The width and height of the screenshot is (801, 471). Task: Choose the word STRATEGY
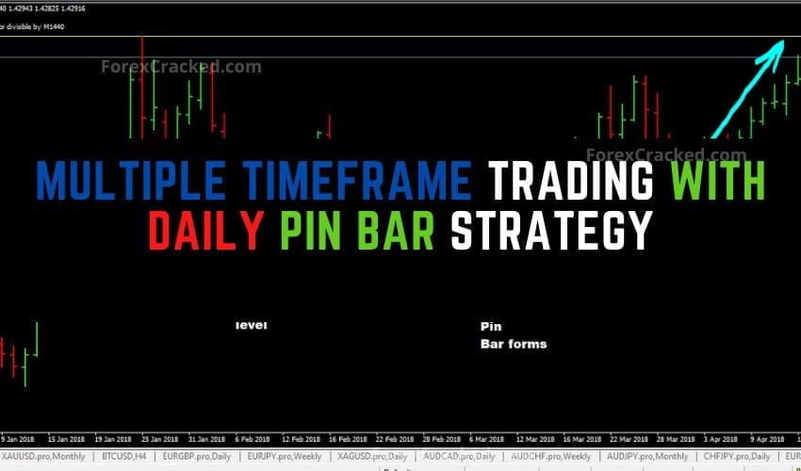point(550,231)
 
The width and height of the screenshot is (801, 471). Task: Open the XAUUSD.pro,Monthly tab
point(45,456)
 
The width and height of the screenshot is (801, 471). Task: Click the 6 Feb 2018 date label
point(254,439)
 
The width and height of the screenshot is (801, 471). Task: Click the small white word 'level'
point(252,326)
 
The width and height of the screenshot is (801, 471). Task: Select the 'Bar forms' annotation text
point(514,344)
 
